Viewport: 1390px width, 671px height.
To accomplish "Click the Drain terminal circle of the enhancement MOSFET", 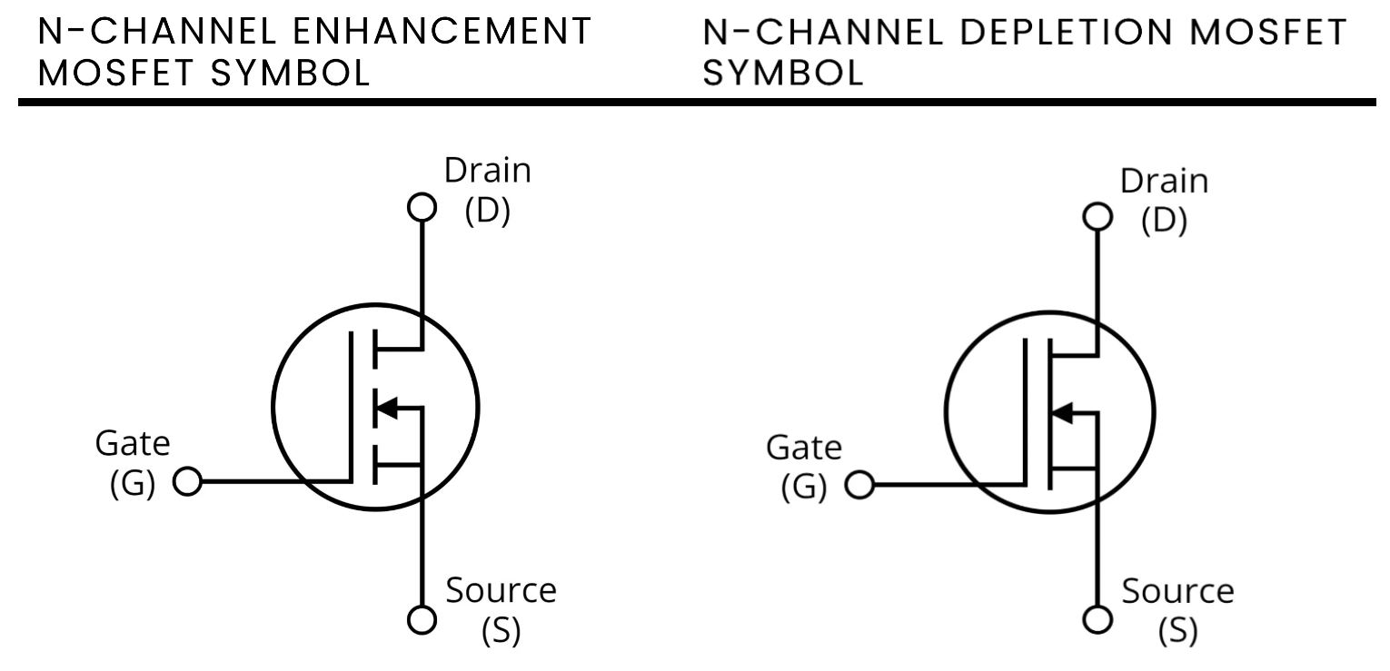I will click(x=422, y=207).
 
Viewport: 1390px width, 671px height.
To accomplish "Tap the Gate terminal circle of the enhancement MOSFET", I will click(x=187, y=481).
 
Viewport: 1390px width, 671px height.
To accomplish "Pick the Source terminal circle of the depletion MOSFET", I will click(x=1098, y=619).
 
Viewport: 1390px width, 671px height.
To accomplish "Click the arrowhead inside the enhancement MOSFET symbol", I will click(x=386, y=408).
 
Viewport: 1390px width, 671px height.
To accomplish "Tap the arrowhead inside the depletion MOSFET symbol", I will click(x=1060, y=414).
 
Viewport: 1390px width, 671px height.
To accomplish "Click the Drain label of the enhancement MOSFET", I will click(x=487, y=170).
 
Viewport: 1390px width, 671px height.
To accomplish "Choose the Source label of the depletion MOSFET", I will click(x=1177, y=592).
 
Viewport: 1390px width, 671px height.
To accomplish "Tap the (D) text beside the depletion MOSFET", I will click(x=1164, y=222).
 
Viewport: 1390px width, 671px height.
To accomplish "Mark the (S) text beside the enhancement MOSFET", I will click(x=501, y=630).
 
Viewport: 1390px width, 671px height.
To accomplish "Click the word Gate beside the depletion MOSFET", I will click(x=804, y=448).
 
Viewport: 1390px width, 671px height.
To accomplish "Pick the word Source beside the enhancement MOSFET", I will click(x=501, y=591).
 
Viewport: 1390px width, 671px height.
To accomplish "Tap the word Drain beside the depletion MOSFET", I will click(x=1164, y=182).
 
